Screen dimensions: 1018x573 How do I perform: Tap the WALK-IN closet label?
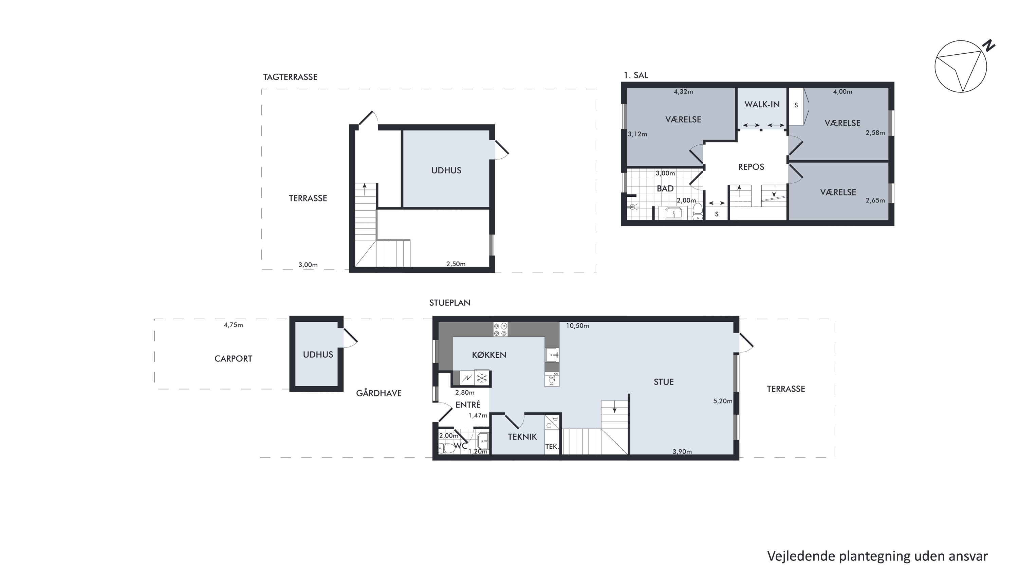click(x=762, y=104)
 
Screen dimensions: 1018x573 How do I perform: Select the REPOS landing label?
click(x=751, y=167)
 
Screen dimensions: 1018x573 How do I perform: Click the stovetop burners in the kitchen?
click(x=500, y=329)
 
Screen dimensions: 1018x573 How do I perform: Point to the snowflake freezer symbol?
click(x=482, y=378)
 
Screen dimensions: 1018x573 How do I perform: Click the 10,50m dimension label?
click(x=577, y=326)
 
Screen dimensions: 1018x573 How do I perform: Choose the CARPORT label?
click(x=233, y=359)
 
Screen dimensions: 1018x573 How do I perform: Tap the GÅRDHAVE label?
click(x=378, y=393)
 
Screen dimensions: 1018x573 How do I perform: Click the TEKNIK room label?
click(x=522, y=437)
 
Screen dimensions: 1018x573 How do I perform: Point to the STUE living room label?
click(x=664, y=382)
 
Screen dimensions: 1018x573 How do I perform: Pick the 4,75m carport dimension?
click(x=233, y=325)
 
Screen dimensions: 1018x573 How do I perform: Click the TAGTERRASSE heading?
click(x=290, y=77)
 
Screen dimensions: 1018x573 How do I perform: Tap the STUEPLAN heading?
click(x=450, y=303)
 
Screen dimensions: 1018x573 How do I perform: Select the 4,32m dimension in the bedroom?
click(x=683, y=92)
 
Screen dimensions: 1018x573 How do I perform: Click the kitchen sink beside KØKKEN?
click(x=552, y=355)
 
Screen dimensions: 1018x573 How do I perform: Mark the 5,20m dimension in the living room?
click(x=723, y=401)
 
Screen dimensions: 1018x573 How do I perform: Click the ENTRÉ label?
click(x=468, y=405)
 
